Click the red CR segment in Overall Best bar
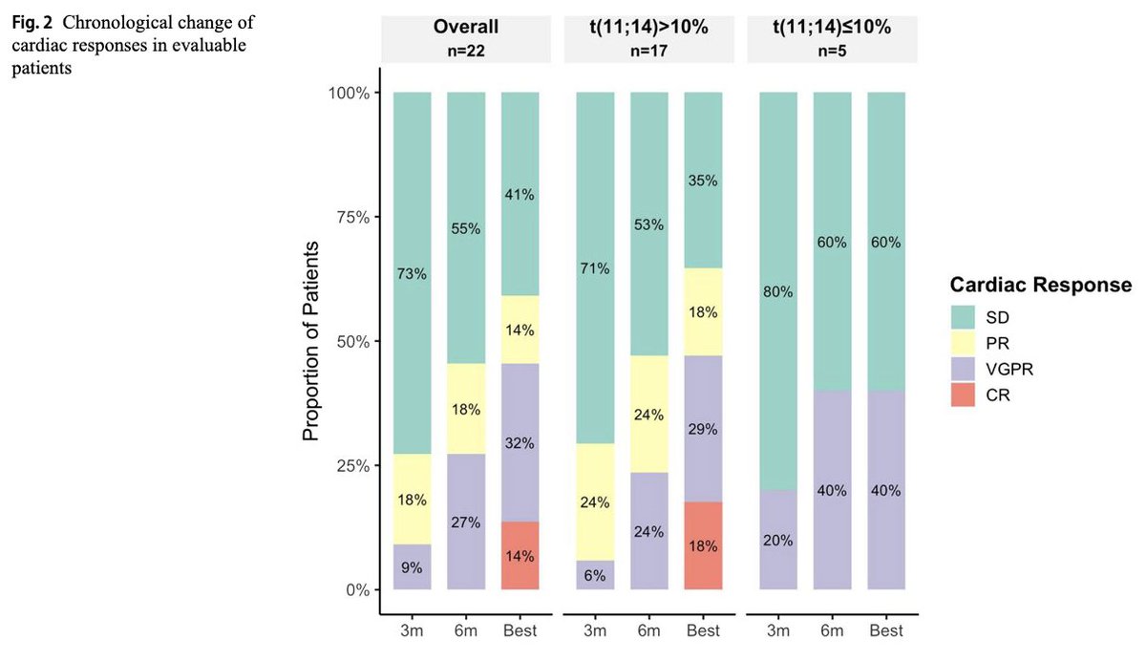[x=520, y=556]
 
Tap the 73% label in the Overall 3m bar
[x=413, y=274]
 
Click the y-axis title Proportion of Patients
[x=310, y=341]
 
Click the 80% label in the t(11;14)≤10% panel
[x=778, y=291]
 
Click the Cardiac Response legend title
[x=1041, y=285]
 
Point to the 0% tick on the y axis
[x=355, y=590]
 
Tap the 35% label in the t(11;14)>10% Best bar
[x=703, y=181]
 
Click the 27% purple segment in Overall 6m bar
[x=466, y=522]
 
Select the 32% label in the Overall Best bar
[x=520, y=443]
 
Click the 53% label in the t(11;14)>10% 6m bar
[x=649, y=224]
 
